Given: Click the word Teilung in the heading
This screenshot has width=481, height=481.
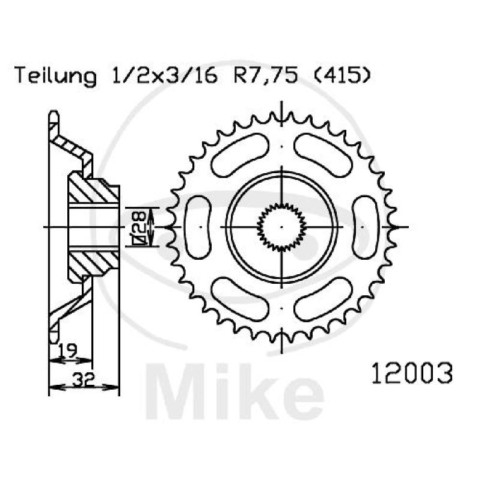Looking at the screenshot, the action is (55, 76).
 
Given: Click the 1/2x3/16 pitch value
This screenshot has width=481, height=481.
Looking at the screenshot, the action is (165, 75).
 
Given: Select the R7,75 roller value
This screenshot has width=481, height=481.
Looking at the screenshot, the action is (266, 76).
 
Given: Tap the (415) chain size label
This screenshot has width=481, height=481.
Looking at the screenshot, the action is (343, 75).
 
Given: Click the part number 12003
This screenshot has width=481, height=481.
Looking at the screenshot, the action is (412, 373).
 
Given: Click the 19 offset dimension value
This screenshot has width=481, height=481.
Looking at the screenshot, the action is (67, 351).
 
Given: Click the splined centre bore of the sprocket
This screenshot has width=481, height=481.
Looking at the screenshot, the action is (281, 227).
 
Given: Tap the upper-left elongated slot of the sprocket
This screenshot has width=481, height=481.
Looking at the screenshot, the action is (240, 155).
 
